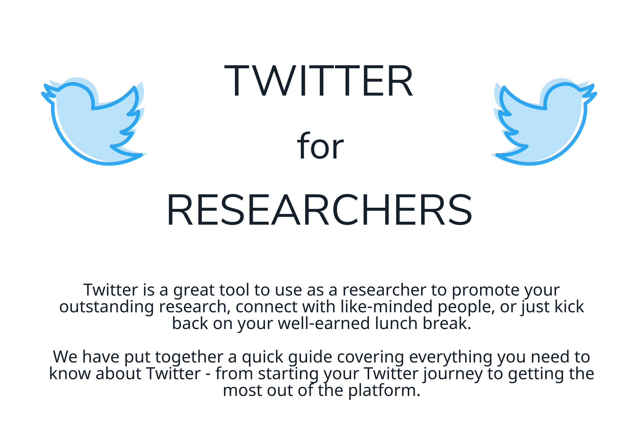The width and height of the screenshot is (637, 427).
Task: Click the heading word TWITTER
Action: click(318, 81)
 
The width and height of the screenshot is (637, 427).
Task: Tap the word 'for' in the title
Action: click(320, 146)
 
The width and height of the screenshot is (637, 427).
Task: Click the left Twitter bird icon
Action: click(94, 121)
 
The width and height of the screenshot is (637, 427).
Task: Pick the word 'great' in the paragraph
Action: click(194, 291)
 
